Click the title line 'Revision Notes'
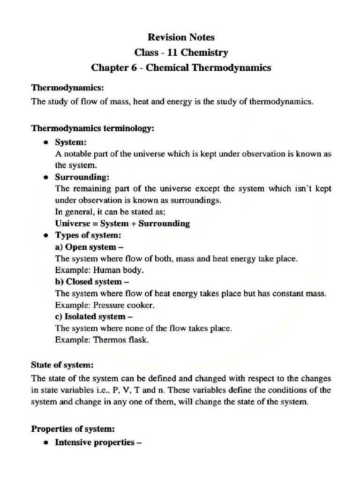181,36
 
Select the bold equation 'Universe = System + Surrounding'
122,223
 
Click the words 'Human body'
119,270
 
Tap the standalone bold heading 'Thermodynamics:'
67,88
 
